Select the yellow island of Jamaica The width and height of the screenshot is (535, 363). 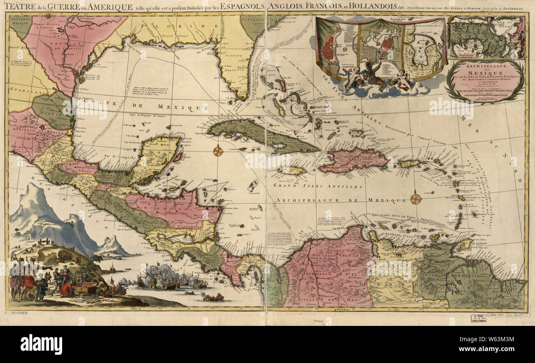pyautogui.click(x=292, y=170)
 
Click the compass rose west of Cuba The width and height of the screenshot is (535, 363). pyautogui.click(x=218, y=151)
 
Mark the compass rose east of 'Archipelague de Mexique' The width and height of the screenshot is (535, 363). pyautogui.click(x=416, y=199)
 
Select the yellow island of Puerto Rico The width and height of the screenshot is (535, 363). pyautogui.click(x=408, y=164)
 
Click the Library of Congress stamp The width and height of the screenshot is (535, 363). pyautogui.click(x=479, y=318)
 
